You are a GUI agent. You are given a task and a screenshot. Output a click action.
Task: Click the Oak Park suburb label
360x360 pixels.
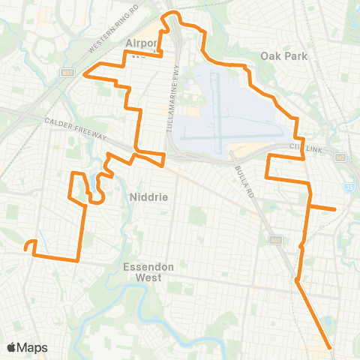[x=280, y=55]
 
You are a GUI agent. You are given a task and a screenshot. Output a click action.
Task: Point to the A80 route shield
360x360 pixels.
[x=269, y=239]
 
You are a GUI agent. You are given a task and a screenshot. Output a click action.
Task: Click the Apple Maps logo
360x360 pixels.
[x=27, y=347]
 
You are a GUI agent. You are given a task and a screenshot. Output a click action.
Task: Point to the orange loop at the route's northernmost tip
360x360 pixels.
[x=173, y=14]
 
